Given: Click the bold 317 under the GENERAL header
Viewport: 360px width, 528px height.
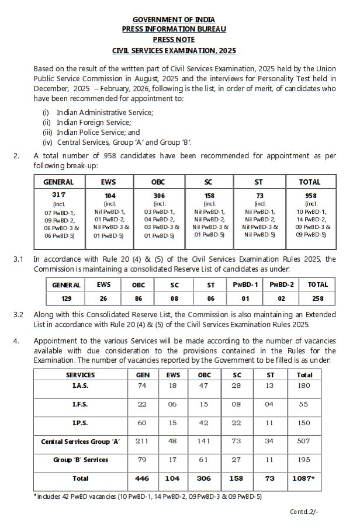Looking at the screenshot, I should (58, 194).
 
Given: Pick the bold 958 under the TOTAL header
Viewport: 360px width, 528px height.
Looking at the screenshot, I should (310, 194).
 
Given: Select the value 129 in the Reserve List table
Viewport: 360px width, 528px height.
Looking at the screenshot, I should (67, 298).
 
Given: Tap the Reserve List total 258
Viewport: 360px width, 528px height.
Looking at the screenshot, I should (318, 298).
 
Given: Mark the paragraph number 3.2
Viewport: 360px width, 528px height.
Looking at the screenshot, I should (19, 315).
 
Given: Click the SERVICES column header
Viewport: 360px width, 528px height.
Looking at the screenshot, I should (81, 375).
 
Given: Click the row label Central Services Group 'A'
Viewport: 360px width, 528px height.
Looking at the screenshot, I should (81, 442).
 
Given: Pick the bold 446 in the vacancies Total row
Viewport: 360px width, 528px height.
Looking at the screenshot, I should (142, 478).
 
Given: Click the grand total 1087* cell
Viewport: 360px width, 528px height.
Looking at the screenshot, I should (304, 478).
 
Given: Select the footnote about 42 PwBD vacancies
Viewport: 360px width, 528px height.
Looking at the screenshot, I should (148, 496).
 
